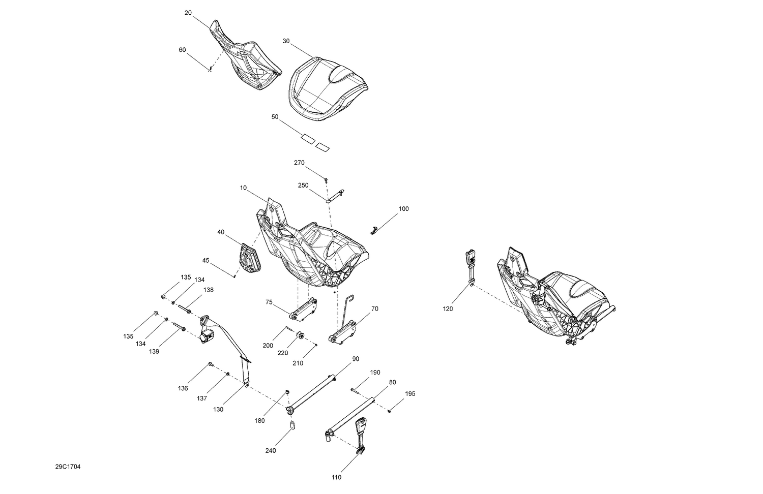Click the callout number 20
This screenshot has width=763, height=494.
click(188, 13)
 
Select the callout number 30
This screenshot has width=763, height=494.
click(286, 41)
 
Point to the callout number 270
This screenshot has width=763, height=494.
click(299, 163)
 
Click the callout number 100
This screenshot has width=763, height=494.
click(403, 208)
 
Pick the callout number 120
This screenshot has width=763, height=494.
click(448, 308)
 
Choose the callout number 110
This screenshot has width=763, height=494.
click(336, 477)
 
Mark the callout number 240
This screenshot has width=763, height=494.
click(271, 451)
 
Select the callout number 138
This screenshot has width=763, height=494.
click(209, 290)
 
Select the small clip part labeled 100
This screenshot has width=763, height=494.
click(375, 230)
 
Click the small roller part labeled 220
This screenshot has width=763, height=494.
click(300, 335)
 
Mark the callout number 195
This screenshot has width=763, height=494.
click(410, 394)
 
